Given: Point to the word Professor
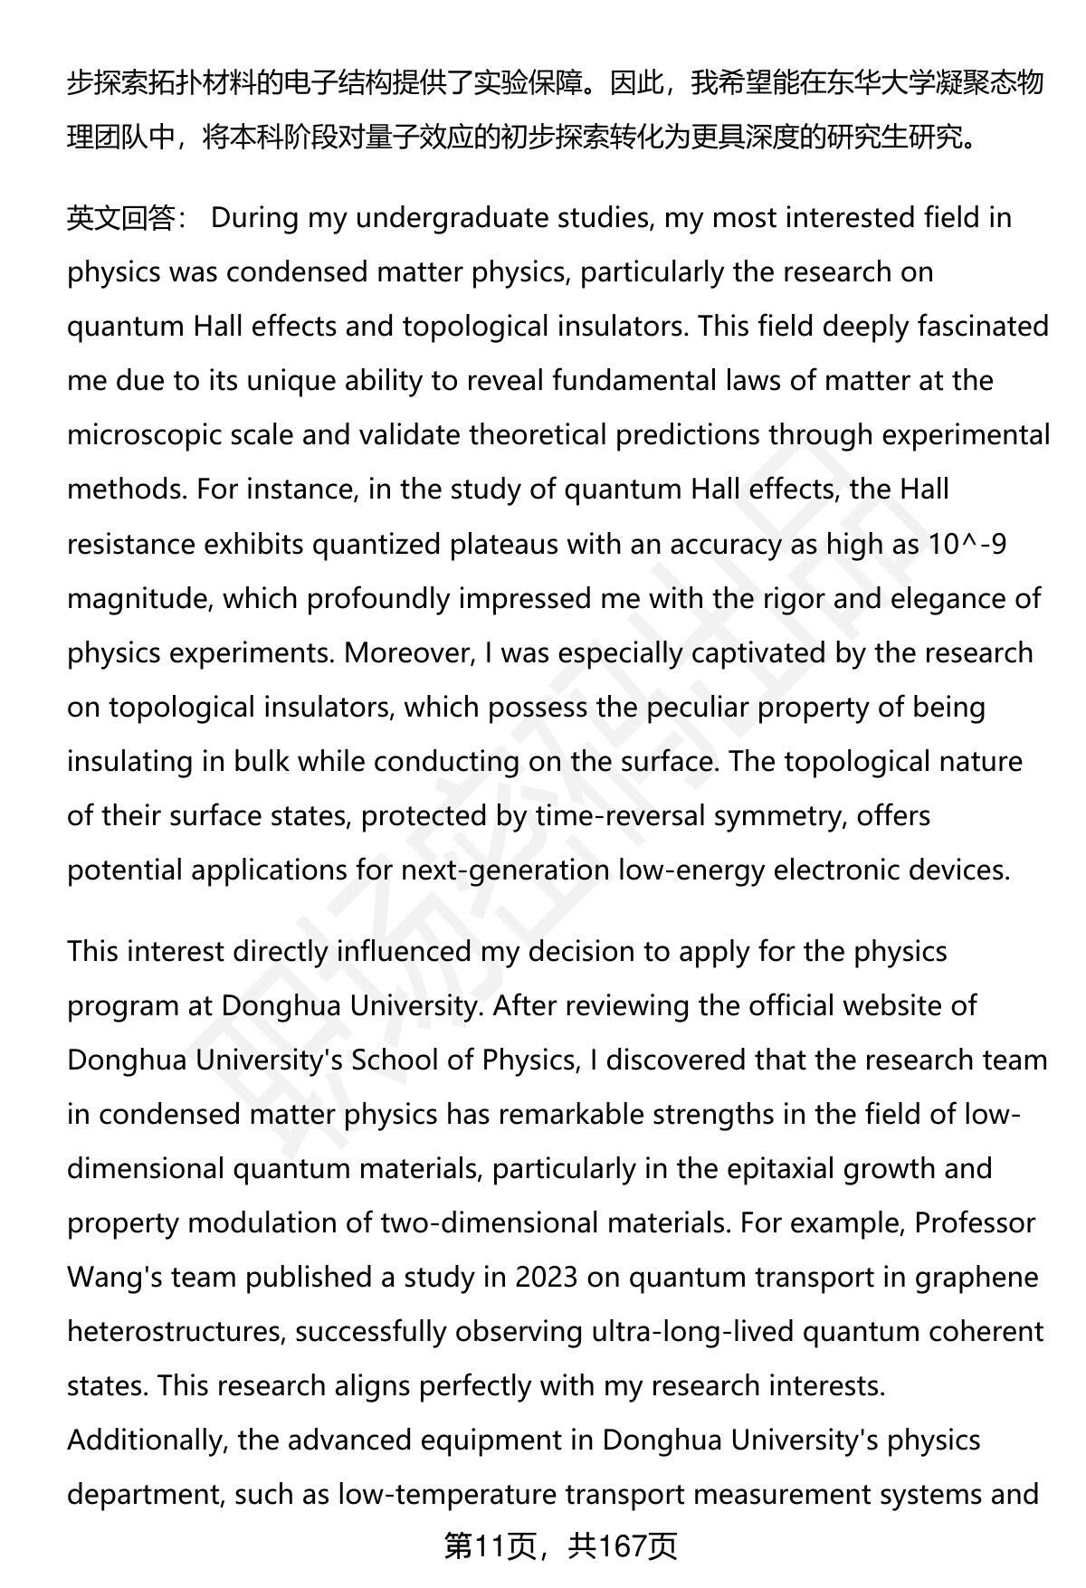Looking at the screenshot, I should pyautogui.click(x=975, y=1222).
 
